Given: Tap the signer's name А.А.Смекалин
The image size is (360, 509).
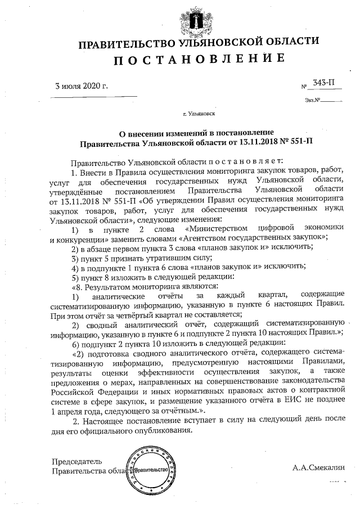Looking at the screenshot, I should tap(321, 467).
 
